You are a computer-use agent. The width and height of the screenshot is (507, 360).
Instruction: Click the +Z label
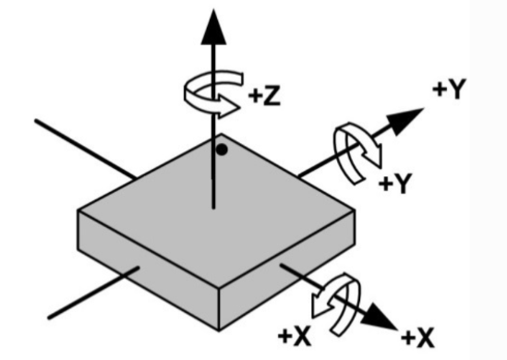click(264, 96)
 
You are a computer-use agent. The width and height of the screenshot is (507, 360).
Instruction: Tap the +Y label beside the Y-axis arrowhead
click(450, 89)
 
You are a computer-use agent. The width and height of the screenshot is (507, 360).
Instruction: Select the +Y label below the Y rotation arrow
click(396, 184)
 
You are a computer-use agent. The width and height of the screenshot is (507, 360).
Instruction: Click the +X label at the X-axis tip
click(417, 338)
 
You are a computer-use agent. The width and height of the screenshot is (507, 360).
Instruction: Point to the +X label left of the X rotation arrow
click(295, 336)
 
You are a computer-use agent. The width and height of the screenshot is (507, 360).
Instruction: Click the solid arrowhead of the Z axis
click(213, 27)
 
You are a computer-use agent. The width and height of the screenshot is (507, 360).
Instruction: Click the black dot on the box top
click(222, 150)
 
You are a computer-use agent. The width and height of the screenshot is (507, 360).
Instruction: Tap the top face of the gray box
click(217, 210)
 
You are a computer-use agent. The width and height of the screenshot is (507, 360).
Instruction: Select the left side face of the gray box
click(148, 270)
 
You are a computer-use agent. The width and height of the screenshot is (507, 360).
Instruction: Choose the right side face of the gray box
click(287, 270)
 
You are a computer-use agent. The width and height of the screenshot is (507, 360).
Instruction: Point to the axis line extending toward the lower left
click(94, 293)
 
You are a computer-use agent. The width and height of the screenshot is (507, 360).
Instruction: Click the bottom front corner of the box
click(219, 330)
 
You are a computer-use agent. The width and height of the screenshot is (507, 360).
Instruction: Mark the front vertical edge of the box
click(219, 309)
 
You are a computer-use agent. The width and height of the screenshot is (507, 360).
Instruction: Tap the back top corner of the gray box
click(221, 134)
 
